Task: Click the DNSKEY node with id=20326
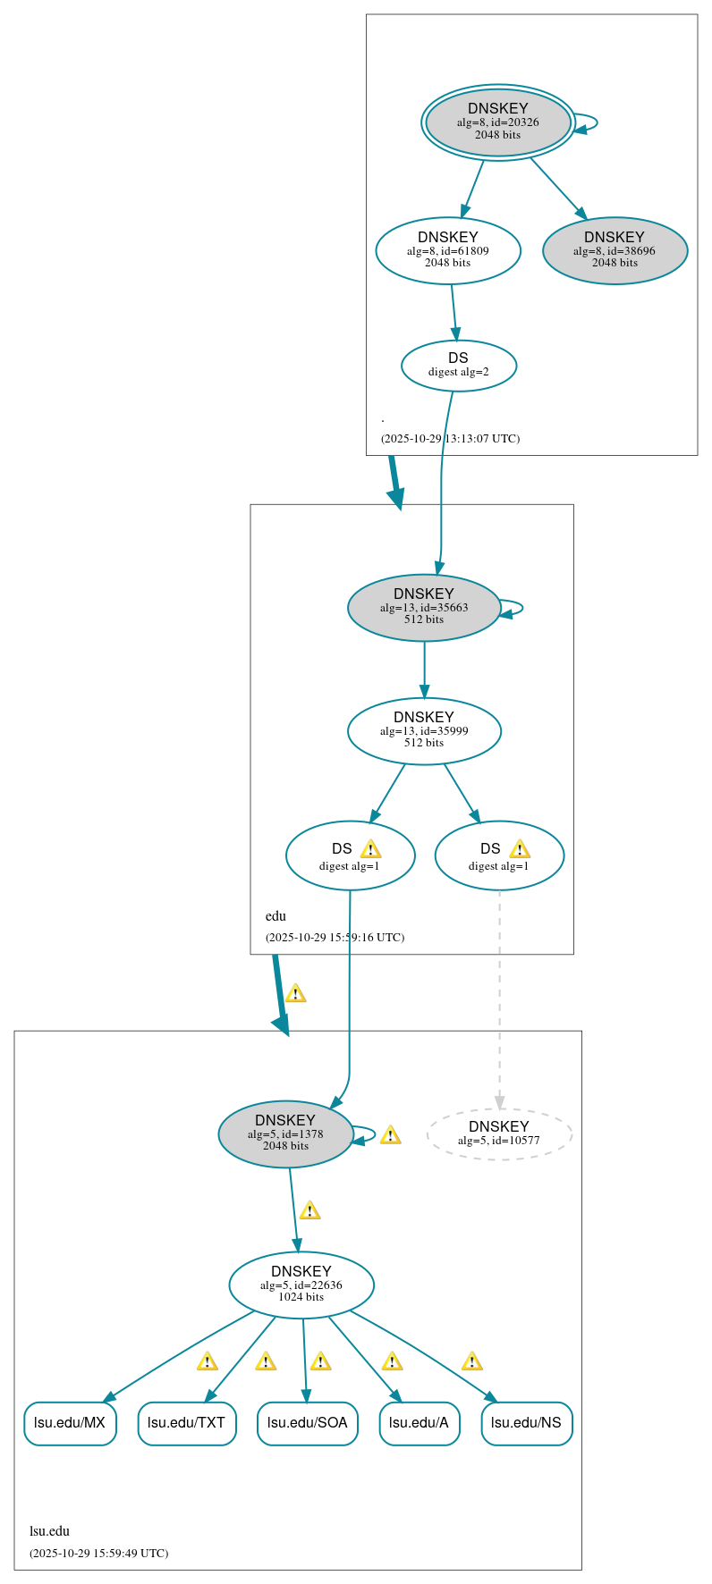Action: click(x=498, y=122)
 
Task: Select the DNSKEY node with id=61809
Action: click(x=448, y=251)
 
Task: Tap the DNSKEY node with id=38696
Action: click(x=615, y=251)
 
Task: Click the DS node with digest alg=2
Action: click(x=459, y=366)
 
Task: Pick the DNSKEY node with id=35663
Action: click(x=424, y=608)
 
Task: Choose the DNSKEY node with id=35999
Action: click(x=424, y=731)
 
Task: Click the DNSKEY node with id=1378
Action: click(x=285, y=1134)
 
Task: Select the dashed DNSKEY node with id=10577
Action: click(x=499, y=1134)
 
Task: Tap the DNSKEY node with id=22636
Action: click(x=301, y=1285)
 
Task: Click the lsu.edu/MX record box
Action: click(x=70, y=1423)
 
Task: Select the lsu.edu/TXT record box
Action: click(x=187, y=1423)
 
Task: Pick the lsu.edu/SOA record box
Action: click(x=307, y=1423)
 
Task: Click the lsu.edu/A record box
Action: click(x=419, y=1423)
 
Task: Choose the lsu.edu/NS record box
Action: click(x=526, y=1423)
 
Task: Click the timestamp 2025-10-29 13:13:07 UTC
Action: click(x=450, y=439)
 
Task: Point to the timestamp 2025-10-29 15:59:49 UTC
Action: click(x=98, y=1554)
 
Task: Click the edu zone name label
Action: click(x=275, y=916)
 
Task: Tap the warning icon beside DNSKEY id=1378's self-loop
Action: click(x=390, y=1135)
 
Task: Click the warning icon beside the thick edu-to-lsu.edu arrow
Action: click(x=295, y=993)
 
